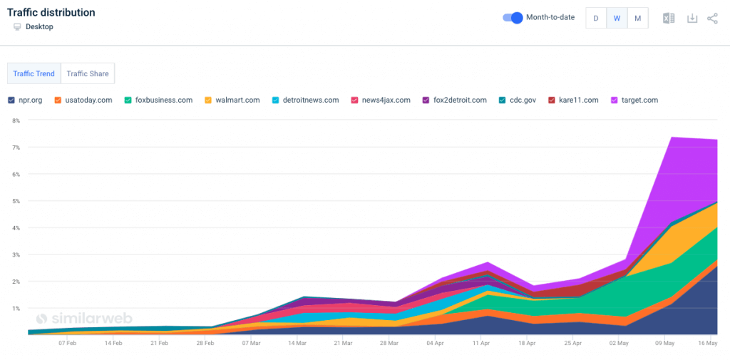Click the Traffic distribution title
point(51,13)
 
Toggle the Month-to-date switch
point(513,18)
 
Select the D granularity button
point(596,19)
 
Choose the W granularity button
point(617,19)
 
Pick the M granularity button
point(637,19)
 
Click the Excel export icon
point(669,19)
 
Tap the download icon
point(692,19)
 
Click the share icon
point(712,19)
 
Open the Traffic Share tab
point(88,73)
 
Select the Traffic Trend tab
point(34,73)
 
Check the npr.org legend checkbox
point(11,100)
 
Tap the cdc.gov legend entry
point(518,100)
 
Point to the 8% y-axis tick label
point(16,120)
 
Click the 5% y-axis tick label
point(16,201)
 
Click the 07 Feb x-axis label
point(67,343)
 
